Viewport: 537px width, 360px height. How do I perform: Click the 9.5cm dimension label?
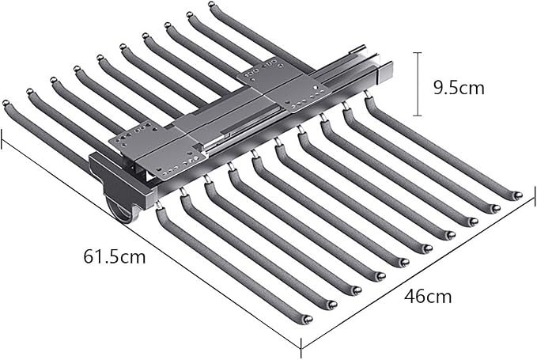(x=459, y=88)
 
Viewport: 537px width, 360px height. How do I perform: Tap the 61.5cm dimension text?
(x=115, y=256)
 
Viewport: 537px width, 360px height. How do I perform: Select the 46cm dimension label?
(x=428, y=296)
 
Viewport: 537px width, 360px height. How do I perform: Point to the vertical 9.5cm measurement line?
(x=417, y=84)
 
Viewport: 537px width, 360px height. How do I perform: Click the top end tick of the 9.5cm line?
(x=417, y=53)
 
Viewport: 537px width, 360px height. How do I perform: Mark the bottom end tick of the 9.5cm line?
(x=417, y=116)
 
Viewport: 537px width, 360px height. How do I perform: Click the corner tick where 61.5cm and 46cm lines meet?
(x=301, y=348)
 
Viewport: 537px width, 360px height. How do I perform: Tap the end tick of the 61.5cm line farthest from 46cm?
(x=2, y=139)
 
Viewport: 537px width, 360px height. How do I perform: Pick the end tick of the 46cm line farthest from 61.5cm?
(x=535, y=196)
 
